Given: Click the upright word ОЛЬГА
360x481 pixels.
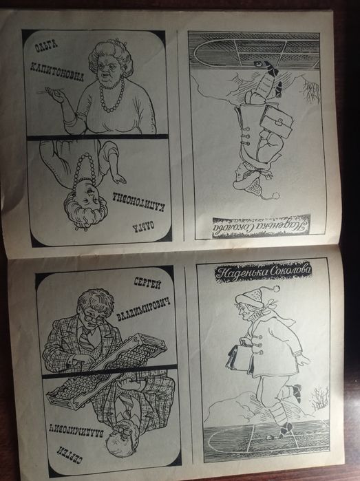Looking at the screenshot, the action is (x=46, y=46).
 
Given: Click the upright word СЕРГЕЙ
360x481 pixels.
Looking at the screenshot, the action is (x=147, y=282).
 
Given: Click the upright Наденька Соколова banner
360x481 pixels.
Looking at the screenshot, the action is (x=263, y=272).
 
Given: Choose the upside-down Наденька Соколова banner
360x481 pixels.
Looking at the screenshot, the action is (x=261, y=227).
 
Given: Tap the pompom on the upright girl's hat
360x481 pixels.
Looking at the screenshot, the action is (x=277, y=288).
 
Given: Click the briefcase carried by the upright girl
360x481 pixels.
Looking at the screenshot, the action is (x=238, y=357).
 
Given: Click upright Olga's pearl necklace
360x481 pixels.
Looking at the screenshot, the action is (x=112, y=95).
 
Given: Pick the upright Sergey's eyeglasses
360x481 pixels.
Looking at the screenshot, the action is (x=94, y=320).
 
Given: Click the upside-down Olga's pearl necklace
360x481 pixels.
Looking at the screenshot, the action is (x=85, y=173).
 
